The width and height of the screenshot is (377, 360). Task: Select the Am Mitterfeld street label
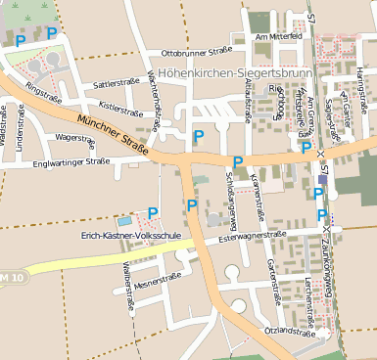278,36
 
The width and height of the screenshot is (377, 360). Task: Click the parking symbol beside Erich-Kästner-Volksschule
153,212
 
